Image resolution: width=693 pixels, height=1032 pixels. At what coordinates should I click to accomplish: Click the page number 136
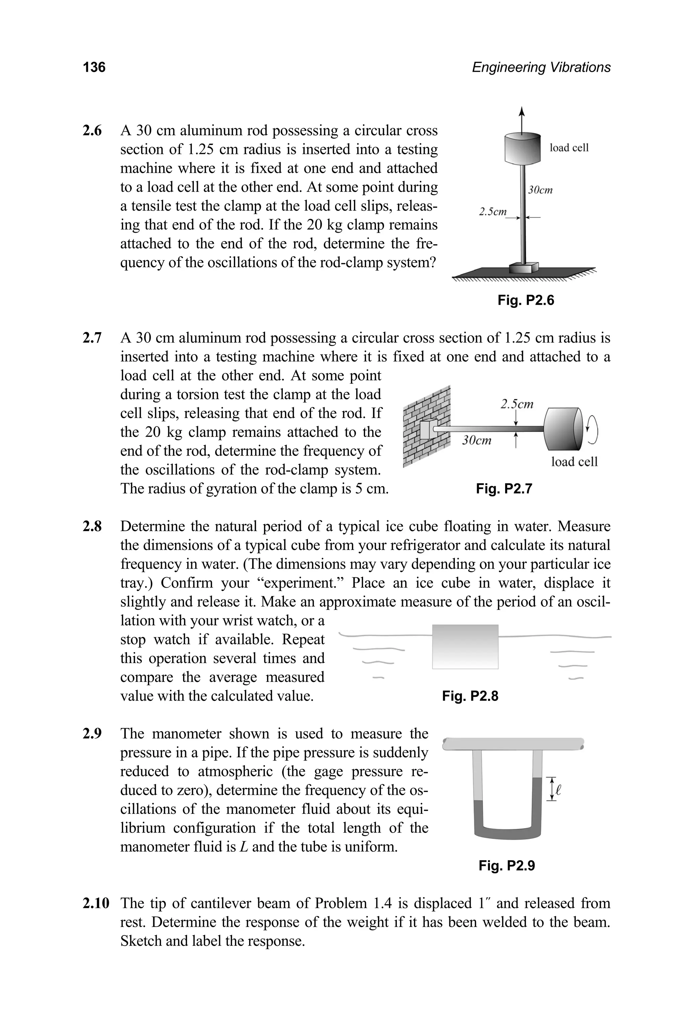coord(94,67)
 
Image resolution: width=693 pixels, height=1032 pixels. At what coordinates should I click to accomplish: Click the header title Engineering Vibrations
coord(541,67)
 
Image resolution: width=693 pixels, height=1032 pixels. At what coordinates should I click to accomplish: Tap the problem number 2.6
coord(92,131)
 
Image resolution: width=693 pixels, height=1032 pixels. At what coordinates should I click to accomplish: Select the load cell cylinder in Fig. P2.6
coord(522,148)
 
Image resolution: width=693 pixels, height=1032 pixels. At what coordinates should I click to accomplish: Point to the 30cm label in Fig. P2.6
coord(540,190)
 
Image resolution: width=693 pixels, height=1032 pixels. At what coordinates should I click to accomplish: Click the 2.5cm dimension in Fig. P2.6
coord(493,212)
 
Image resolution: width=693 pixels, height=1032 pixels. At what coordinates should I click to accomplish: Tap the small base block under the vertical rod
coord(524,268)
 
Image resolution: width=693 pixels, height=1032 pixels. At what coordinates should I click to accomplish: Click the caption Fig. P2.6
coord(526,300)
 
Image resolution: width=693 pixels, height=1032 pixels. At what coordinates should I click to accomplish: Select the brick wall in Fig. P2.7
coord(426,426)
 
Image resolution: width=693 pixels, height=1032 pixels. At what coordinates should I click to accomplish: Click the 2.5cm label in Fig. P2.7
coord(517,404)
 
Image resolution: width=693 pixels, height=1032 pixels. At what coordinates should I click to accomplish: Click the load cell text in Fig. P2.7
coord(574,462)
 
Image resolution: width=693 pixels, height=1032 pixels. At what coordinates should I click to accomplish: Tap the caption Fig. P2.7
coord(504,489)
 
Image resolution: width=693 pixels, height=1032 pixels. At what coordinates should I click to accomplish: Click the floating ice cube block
coord(465,646)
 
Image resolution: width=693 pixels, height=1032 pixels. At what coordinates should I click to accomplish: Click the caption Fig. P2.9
coord(507,866)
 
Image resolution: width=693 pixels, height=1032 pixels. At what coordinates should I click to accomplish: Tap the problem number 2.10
coord(95,903)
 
